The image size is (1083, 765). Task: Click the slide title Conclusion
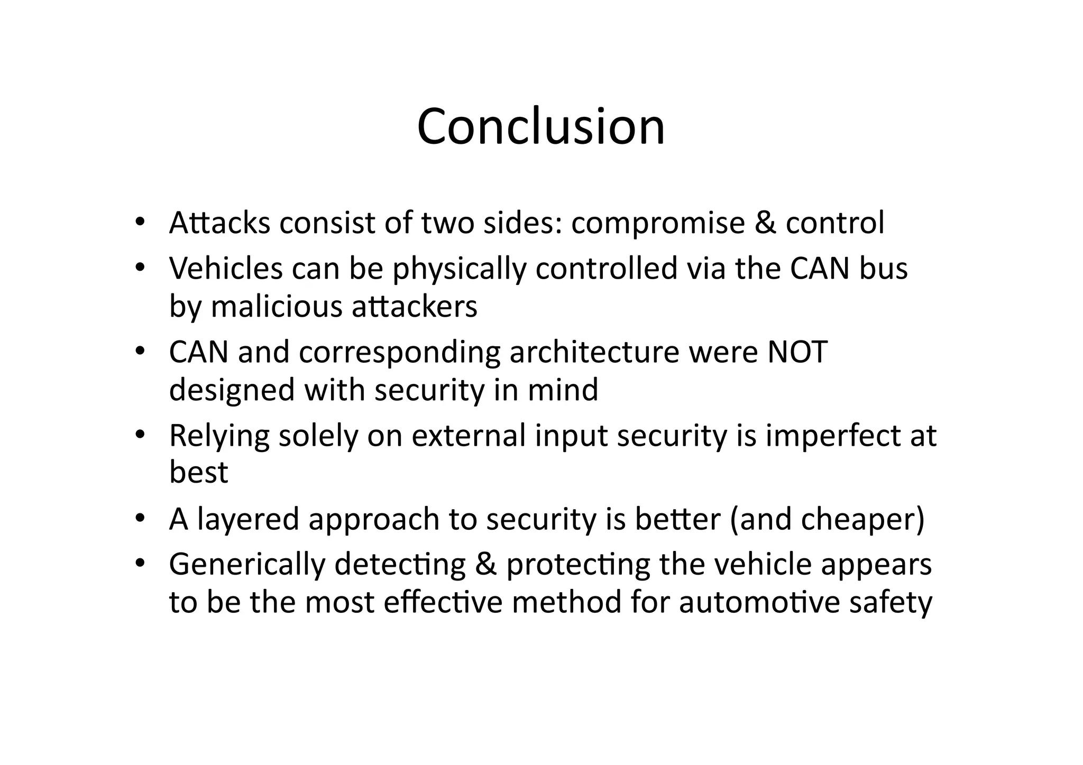click(x=541, y=127)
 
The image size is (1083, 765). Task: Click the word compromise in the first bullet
click(x=657, y=224)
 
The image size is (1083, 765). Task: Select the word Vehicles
click(x=226, y=268)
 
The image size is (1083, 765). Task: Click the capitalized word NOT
click(x=797, y=352)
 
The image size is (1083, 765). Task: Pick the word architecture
click(x=594, y=353)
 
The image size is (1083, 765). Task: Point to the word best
click(x=198, y=472)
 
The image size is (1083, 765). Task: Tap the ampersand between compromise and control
click(x=765, y=223)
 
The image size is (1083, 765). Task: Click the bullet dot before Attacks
click(x=139, y=222)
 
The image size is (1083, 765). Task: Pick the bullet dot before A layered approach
click(x=139, y=518)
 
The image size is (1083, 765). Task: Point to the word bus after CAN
click(x=883, y=268)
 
